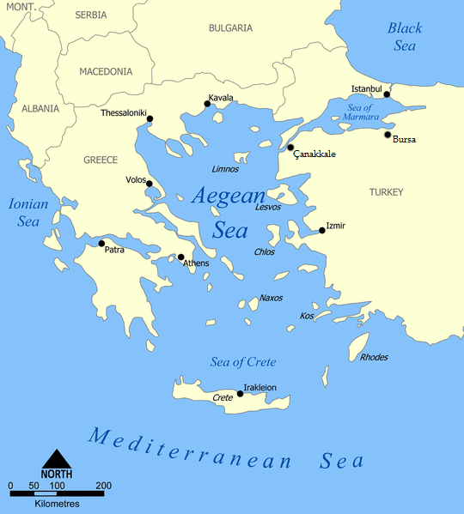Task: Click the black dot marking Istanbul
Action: [x=387, y=94]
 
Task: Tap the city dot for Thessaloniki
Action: [x=150, y=118]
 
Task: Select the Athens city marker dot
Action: [x=180, y=257]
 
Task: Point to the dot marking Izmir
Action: [x=321, y=230]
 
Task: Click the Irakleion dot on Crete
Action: [x=240, y=394]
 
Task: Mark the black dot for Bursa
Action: [x=388, y=135]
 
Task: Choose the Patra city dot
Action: [x=101, y=243]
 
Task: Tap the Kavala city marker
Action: [x=207, y=105]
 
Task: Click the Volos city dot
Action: [x=149, y=184]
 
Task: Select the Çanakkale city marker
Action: [x=290, y=148]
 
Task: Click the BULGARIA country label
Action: [x=230, y=28]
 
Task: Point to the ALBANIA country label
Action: [x=40, y=109]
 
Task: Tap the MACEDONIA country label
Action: [x=106, y=72]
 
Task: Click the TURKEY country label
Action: [x=386, y=192]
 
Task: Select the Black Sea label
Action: [x=405, y=37]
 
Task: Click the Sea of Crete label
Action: [x=243, y=362]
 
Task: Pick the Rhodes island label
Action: [x=374, y=357]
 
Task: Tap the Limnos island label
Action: [x=224, y=169]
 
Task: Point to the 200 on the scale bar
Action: [x=105, y=486]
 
